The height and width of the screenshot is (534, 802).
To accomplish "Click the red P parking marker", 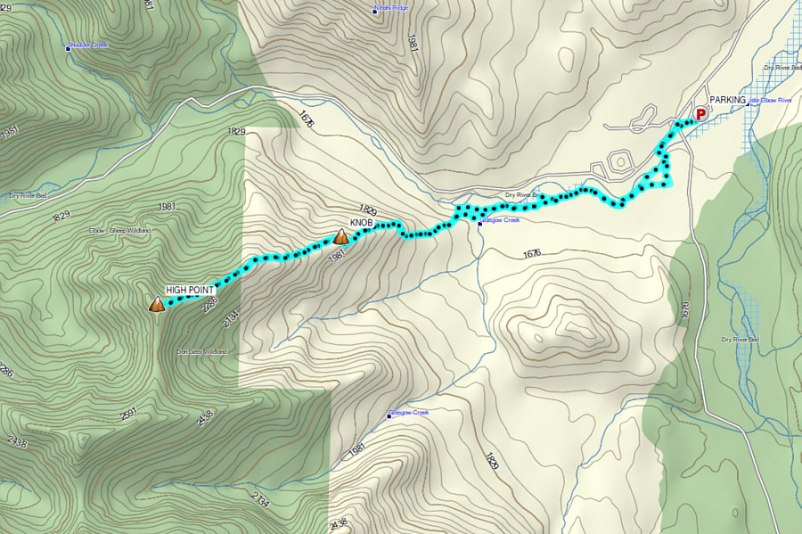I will point(700,113).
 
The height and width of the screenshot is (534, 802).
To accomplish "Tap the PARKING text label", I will point(728,100).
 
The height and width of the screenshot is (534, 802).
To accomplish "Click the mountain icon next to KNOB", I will point(340,237).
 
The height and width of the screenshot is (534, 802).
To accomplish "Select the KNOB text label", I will point(361,222).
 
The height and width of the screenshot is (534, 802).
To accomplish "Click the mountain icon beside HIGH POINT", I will point(157,305).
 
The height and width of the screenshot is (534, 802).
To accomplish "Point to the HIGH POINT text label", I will point(190,291).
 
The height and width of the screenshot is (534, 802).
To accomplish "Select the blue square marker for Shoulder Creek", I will point(69,47).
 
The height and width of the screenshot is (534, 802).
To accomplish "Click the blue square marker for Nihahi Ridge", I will point(375,12).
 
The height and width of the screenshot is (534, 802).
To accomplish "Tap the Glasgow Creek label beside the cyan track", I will point(501,220).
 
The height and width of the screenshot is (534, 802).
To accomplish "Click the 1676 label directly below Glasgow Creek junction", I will point(531,254).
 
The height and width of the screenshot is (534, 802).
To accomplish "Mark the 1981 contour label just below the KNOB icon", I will point(337,256).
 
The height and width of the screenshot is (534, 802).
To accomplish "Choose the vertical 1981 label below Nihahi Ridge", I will point(412,44).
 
